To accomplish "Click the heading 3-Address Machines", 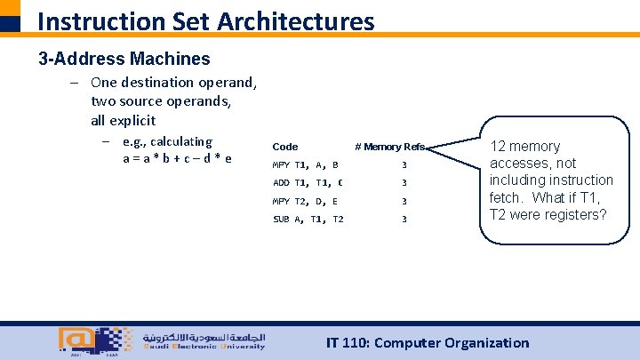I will pos(124,60).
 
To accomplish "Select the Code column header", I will pos(284,147).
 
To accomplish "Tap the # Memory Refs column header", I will pos(389,147).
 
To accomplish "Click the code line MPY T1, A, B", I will pos(306,164).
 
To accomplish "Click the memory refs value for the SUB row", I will pos(404,219).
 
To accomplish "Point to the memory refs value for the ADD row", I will pos(404,183).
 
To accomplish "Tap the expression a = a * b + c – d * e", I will pos(178,158).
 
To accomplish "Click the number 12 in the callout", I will pos(498,146).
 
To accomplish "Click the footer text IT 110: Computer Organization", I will pos(428,342).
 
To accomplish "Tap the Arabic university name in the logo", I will pos(203,338).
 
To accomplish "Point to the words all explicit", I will pos(123,120).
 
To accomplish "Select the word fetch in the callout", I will pos(506,197).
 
